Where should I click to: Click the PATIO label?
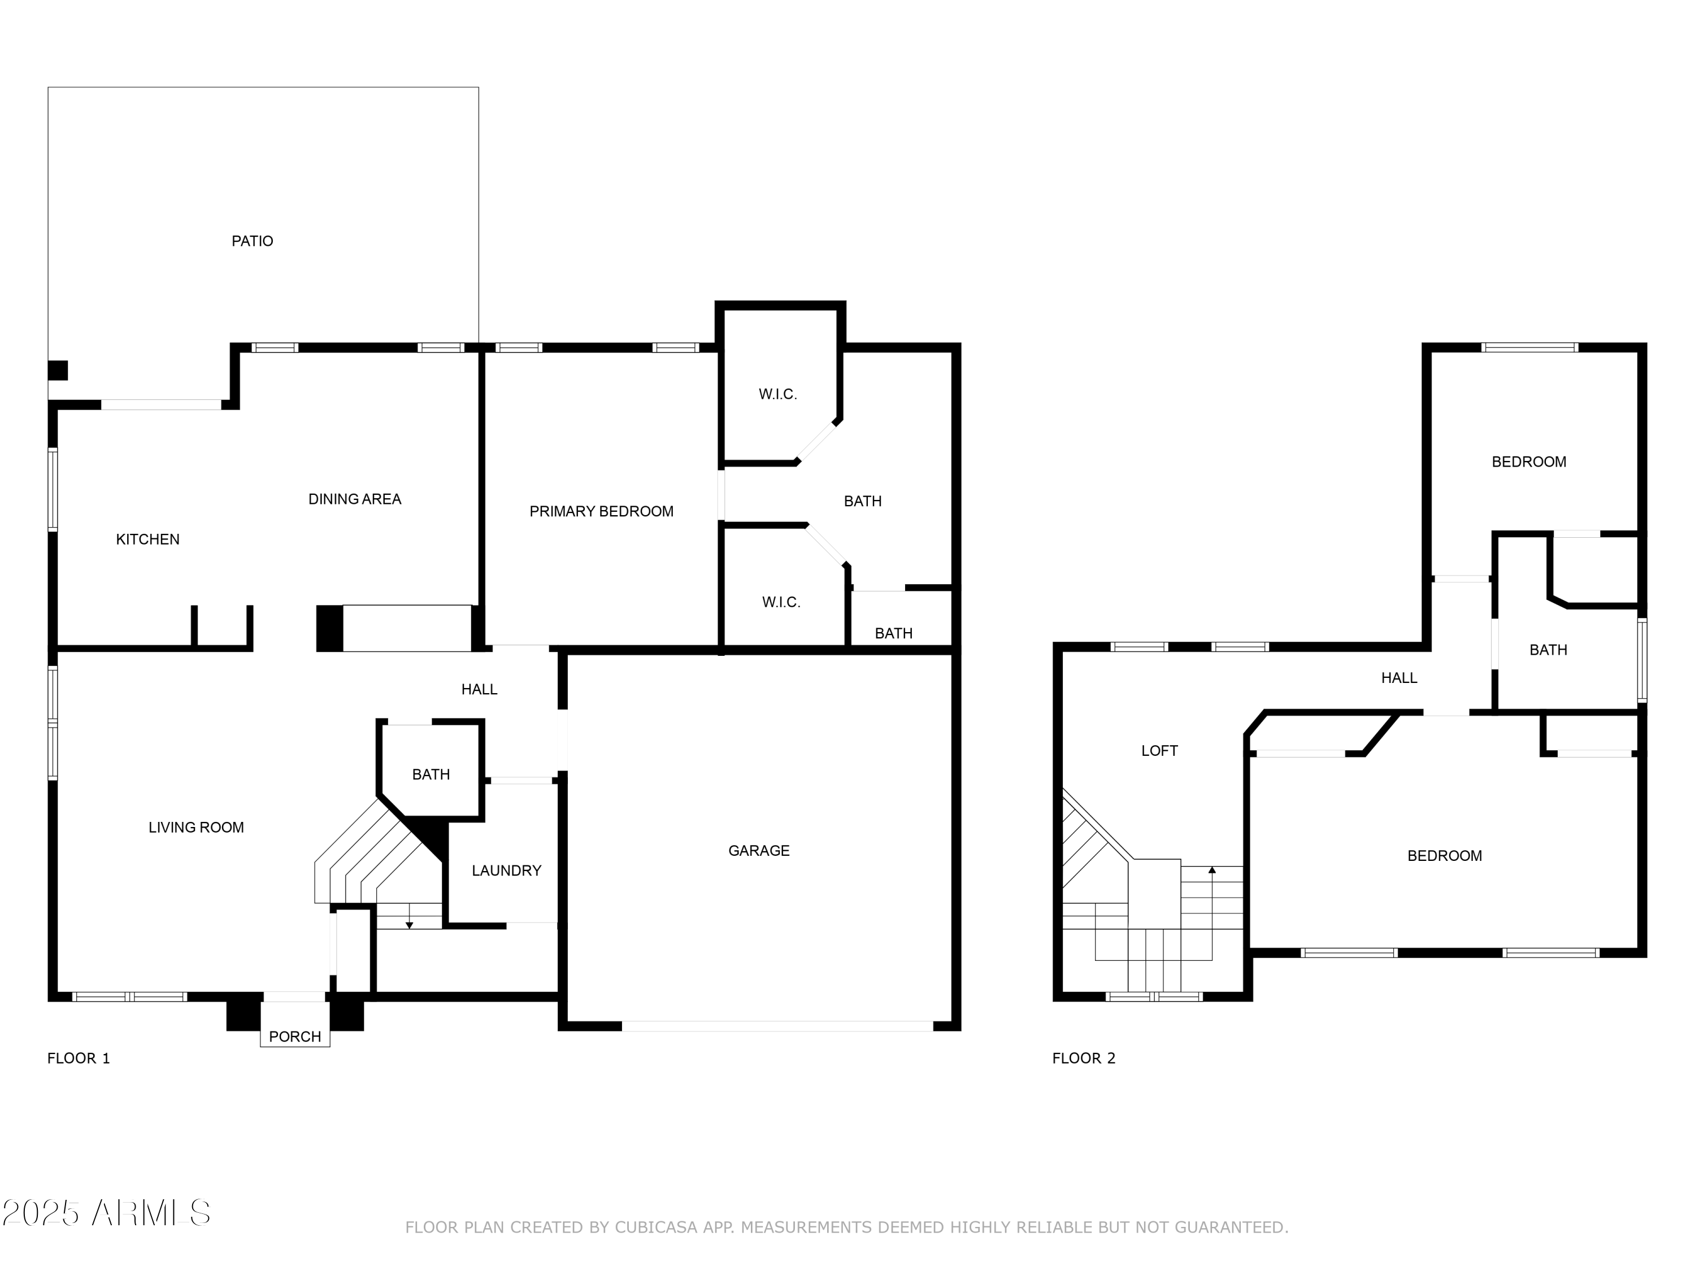coord(252,241)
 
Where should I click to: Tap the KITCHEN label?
coord(148,539)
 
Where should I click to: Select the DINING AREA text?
coord(355,499)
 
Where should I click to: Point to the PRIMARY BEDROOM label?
coord(602,512)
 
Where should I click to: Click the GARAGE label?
coord(759,850)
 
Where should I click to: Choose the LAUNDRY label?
coord(506,870)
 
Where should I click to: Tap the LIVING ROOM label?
coord(196,828)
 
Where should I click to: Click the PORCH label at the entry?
coord(295,1037)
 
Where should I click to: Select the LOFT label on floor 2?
coord(1159,751)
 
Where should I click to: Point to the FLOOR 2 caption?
coord(1084,1058)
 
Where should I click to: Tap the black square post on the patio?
coord(58,370)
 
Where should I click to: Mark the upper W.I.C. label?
coord(778,394)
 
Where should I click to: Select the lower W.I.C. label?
coord(781,602)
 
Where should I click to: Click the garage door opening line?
coord(777,1026)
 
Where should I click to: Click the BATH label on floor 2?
coord(1548,650)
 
